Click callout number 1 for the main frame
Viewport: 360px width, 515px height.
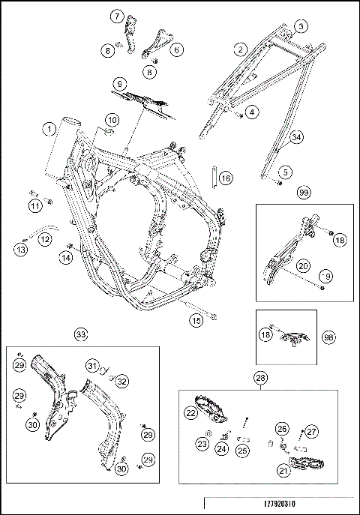coord(49,129)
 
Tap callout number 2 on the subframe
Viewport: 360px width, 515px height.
coord(241,49)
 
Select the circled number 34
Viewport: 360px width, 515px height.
coord(296,137)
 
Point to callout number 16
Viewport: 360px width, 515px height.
coord(226,178)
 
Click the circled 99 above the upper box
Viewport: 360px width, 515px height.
coord(304,192)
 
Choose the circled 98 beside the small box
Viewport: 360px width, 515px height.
coord(328,337)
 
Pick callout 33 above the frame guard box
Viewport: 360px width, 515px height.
coord(81,334)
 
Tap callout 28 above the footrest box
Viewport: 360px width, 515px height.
coord(260,378)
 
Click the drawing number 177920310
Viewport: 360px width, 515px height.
coord(280,504)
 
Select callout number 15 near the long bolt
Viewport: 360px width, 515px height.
coord(196,320)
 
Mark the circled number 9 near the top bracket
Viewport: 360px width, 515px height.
coord(119,84)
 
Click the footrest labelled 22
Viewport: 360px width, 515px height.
coord(210,409)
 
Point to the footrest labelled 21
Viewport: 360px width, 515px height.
coord(306,464)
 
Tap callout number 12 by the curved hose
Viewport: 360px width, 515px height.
coord(45,239)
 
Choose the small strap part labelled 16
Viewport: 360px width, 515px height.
coord(214,178)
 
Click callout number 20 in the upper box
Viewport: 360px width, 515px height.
coord(303,265)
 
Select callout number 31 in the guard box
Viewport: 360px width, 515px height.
coord(93,366)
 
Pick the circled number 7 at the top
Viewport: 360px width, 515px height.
coord(117,16)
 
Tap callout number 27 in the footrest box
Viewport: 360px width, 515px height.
coord(311,431)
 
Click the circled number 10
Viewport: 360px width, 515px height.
coord(112,120)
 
